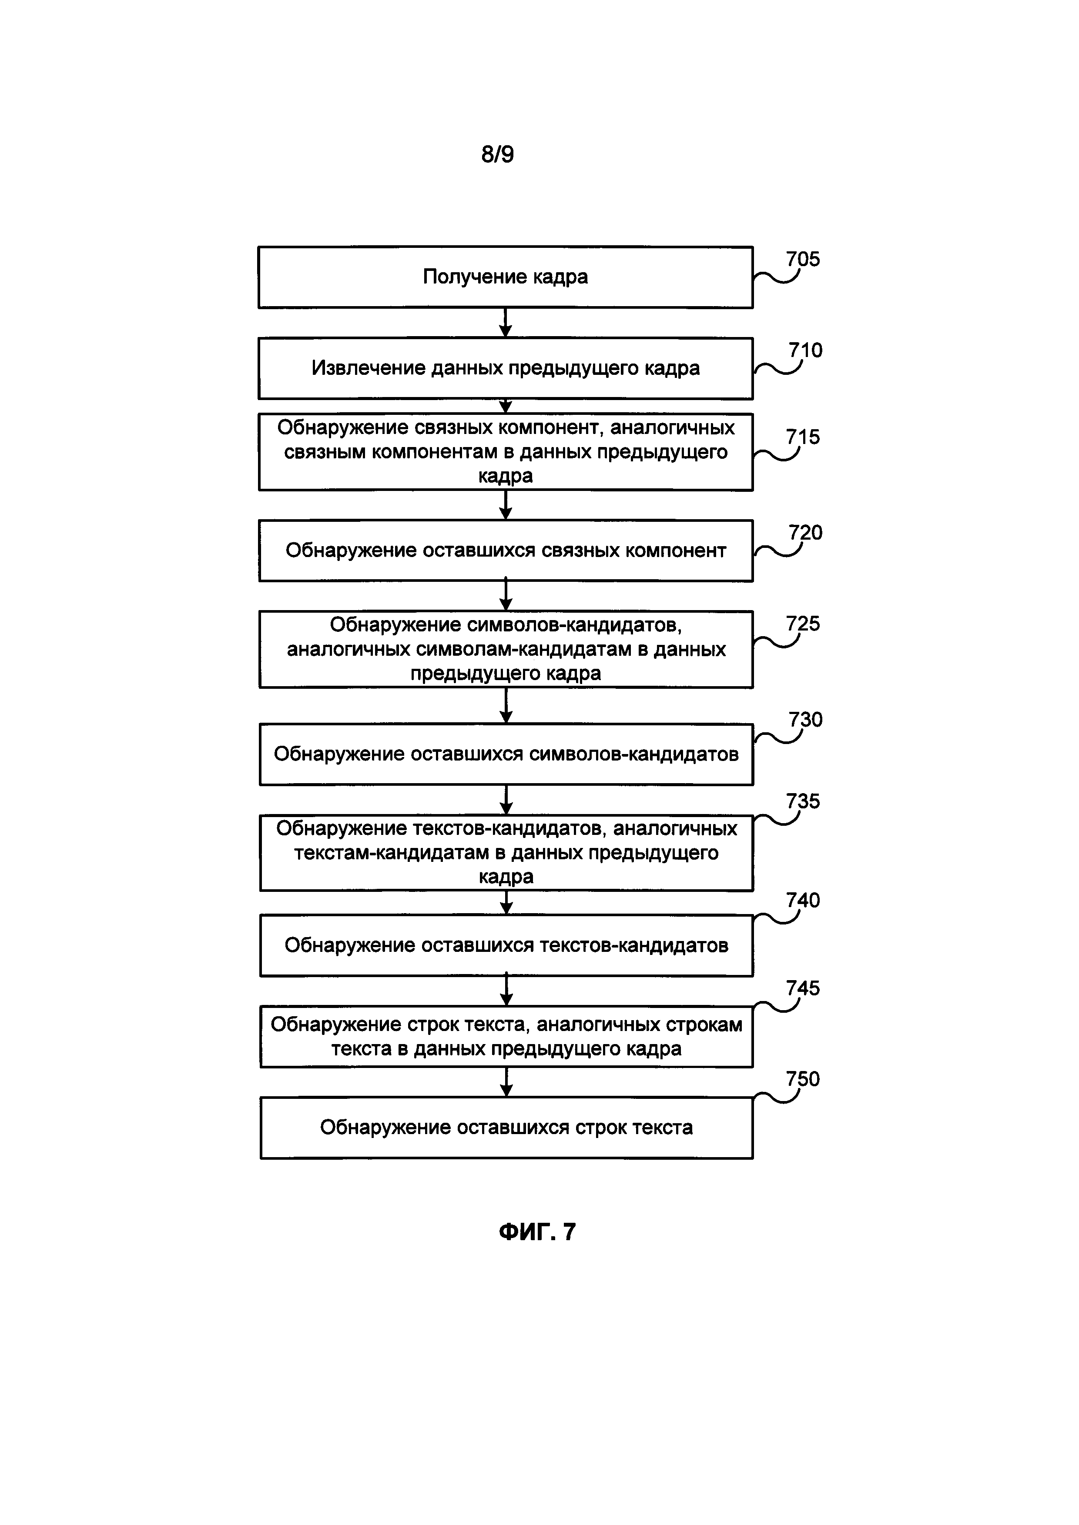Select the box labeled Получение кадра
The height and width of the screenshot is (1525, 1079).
505,277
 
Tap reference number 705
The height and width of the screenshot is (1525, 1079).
803,259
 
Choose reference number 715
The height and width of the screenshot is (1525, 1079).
803,437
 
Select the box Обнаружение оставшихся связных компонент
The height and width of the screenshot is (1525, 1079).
505,551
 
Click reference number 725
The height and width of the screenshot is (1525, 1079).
803,623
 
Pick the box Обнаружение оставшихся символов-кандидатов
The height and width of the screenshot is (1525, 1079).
506,754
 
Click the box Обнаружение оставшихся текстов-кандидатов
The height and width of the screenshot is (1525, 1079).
506,945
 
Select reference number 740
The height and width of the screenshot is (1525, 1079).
803,900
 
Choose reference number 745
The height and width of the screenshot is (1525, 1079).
803,988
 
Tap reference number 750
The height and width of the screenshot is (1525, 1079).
803,1079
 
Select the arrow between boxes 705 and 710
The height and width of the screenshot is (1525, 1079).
506,323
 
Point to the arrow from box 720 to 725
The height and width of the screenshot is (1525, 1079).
506,596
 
